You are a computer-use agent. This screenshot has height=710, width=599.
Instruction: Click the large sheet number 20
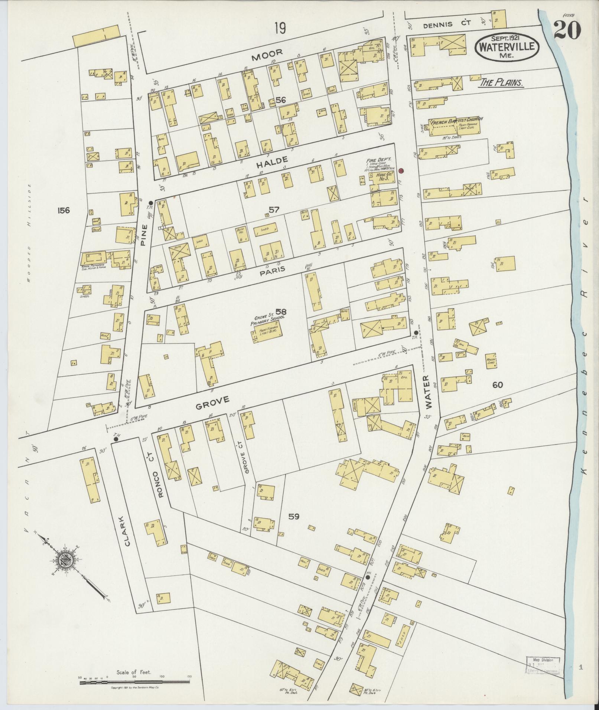(x=567, y=29)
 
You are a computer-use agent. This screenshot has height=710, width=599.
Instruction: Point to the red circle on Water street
(x=401, y=171)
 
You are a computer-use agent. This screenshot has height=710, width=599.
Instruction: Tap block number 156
(x=64, y=210)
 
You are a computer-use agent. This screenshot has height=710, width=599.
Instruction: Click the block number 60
(x=497, y=385)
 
